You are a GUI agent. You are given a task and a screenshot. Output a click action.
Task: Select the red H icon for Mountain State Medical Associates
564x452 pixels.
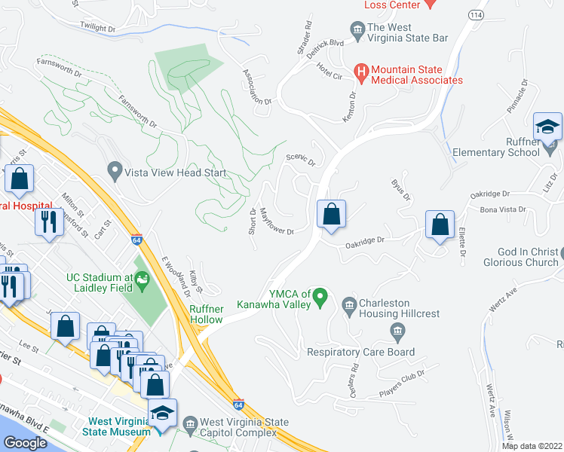[361, 74]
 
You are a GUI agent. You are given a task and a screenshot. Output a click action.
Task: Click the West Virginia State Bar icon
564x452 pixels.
[357, 31]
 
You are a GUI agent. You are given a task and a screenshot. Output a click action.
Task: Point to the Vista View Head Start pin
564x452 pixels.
[115, 173]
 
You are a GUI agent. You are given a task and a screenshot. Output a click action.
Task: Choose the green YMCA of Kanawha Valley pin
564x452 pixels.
[320, 299]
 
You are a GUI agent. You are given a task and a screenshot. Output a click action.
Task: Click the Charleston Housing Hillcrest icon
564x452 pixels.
[348, 306]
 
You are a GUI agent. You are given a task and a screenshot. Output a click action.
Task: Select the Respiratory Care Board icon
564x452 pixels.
[397, 331]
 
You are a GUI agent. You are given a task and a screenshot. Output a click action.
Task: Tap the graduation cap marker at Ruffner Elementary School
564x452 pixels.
[548, 127]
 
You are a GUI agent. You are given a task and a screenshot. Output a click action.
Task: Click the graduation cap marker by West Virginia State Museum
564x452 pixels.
[161, 413]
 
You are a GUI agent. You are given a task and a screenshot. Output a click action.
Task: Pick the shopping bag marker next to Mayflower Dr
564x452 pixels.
[331, 214]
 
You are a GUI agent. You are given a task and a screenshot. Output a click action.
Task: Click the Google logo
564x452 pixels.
[26, 442]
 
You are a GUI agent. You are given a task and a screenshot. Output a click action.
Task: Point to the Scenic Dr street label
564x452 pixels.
[300, 159]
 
